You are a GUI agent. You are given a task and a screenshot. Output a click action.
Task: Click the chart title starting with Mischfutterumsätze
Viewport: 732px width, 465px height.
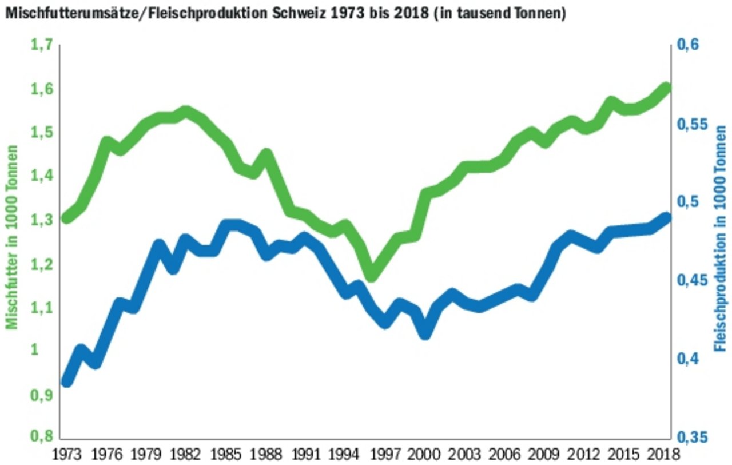coord(285,13)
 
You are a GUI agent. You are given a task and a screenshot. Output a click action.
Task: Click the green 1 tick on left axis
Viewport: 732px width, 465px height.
coord(49,350)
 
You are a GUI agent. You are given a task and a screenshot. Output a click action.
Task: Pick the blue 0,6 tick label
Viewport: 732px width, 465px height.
coord(690,45)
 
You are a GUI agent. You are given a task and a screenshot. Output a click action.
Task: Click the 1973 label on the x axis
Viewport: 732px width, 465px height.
coord(67,455)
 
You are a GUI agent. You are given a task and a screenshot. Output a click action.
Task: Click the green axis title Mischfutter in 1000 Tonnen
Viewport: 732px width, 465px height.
coord(11,237)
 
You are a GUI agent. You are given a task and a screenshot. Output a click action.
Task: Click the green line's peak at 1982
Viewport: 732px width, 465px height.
coord(186,111)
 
